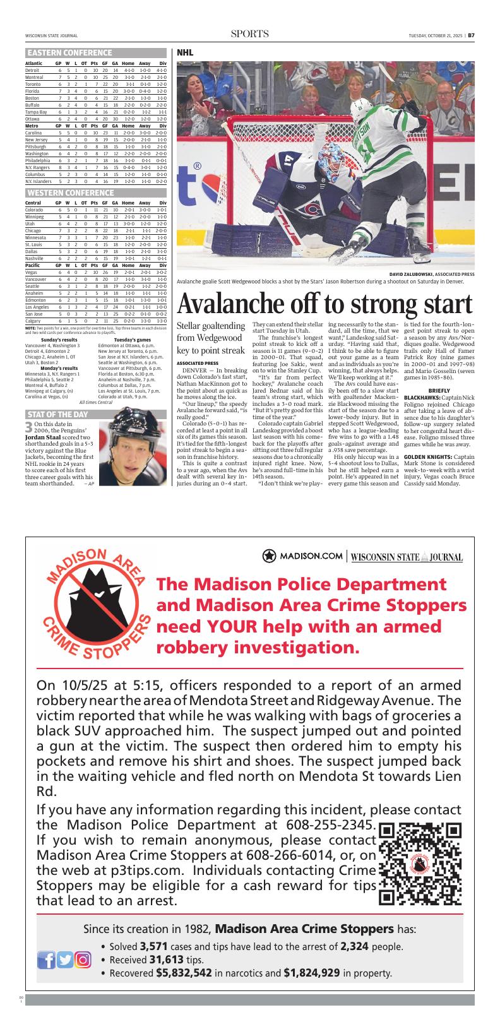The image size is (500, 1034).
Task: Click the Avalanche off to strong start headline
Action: pos(325,304)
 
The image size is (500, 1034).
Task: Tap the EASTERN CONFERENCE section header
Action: pos(69,53)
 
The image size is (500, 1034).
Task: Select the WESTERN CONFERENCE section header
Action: pos(70,193)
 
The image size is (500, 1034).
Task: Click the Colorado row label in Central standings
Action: pos(34,210)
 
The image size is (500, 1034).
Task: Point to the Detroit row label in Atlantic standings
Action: pos(32,70)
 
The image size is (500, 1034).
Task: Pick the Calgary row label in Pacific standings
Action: pos(33,321)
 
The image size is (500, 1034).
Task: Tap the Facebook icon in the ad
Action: pos(47,960)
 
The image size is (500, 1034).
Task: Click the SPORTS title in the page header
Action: pos(250,34)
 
